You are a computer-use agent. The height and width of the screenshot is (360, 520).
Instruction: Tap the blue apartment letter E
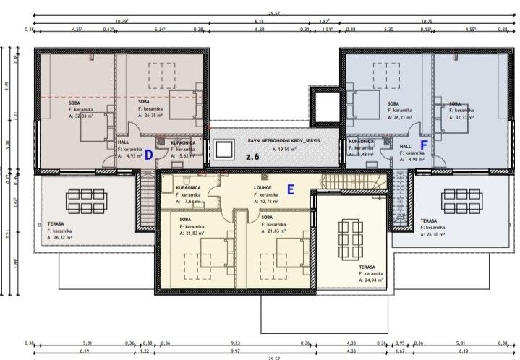[291, 189]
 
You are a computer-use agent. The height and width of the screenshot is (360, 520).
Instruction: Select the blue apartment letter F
[425, 145]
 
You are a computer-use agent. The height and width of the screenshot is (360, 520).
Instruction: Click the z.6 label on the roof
[252, 156]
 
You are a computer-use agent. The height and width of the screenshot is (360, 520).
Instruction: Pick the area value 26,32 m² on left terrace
[60, 236]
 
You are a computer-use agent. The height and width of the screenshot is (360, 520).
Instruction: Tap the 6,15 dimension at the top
[258, 22]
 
